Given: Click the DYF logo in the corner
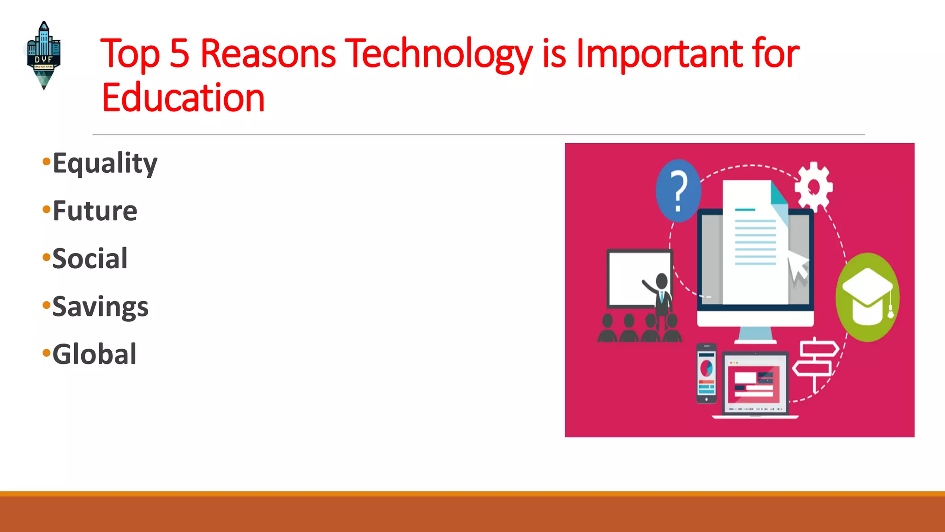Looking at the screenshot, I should [x=43, y=55].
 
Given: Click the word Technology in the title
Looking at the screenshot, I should [x=438, y=54].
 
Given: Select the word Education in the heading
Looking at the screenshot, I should [x=183, y=98].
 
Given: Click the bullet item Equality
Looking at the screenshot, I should [x=105, y=163].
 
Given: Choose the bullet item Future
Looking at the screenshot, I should [x=95, y=211].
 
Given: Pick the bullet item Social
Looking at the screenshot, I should [x=90, y=259].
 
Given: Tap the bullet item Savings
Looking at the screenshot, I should [x=100, y=307].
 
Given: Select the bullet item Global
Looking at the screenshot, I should [x=94, y=354].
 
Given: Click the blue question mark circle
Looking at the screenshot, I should [x=678, y=190].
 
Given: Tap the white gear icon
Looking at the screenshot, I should [x=813, y=187].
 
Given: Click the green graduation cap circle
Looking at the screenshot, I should [x=867, y=297].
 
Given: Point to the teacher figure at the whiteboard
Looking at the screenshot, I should [x=660, y=296].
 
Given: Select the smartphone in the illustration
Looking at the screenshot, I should [x=706, y=373].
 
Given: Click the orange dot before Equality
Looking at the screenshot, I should [x=46, y=162].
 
